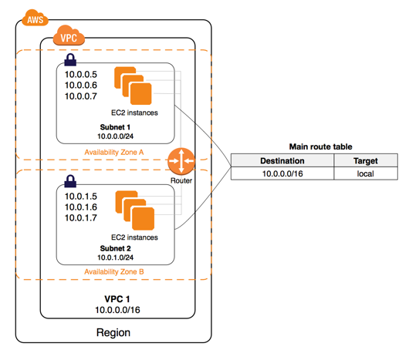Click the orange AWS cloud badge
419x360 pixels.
[33, 18]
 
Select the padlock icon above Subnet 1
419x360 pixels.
[71, 59]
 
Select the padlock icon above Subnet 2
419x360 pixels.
[71, 181]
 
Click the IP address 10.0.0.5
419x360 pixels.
[82, 74]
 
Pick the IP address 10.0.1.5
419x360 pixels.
[82, 196]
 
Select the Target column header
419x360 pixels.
[365, 161]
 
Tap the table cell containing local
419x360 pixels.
[365, 174]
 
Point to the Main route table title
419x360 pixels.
[316, 146]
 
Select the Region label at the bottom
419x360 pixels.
[113, 332]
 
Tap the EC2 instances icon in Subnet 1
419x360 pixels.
[133, 86]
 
